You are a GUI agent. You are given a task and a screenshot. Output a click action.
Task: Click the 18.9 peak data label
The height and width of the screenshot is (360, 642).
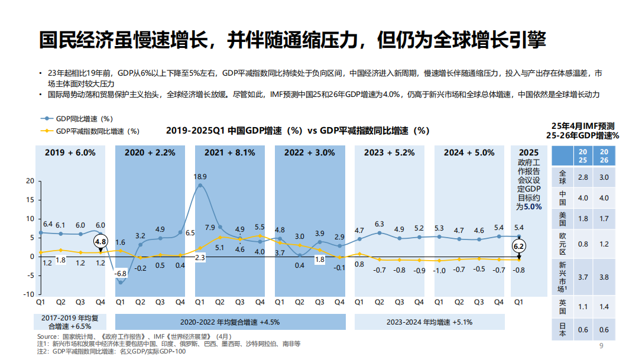(x=200, y=176)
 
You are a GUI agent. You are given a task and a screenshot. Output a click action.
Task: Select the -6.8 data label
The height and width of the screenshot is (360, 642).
(x=120, y=274)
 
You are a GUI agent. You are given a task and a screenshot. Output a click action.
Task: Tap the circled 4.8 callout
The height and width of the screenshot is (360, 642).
(x=100, y=242)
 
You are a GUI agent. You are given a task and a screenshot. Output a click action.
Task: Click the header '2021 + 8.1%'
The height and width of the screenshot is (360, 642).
(x=230, y=153)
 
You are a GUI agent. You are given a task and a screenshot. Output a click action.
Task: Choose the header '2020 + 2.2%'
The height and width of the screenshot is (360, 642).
(x=150, y=153)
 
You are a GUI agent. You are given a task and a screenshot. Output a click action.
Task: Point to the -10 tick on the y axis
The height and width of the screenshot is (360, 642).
(x=27, y=294)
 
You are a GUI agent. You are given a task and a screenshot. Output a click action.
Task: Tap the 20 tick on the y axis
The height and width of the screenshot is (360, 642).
(x=30, y=181)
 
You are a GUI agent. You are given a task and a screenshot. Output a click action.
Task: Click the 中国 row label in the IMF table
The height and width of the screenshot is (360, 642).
(x=562, y=198)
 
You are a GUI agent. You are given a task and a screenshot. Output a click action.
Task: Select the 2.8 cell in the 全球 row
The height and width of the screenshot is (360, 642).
(x=582, y=177)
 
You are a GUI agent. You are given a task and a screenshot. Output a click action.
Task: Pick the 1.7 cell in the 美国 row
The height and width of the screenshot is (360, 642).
(x=604, y=219)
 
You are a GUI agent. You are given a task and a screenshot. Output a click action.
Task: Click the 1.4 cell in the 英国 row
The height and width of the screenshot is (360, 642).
(x=604, y=307)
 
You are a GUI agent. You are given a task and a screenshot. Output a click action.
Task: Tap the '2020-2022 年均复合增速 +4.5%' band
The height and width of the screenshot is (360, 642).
(x=230, y=322)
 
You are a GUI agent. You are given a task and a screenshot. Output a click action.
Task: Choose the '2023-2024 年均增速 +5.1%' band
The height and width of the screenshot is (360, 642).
(x=429, y=322)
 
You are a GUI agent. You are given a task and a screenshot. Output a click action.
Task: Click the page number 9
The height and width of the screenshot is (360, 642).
(x=601, y=346)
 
